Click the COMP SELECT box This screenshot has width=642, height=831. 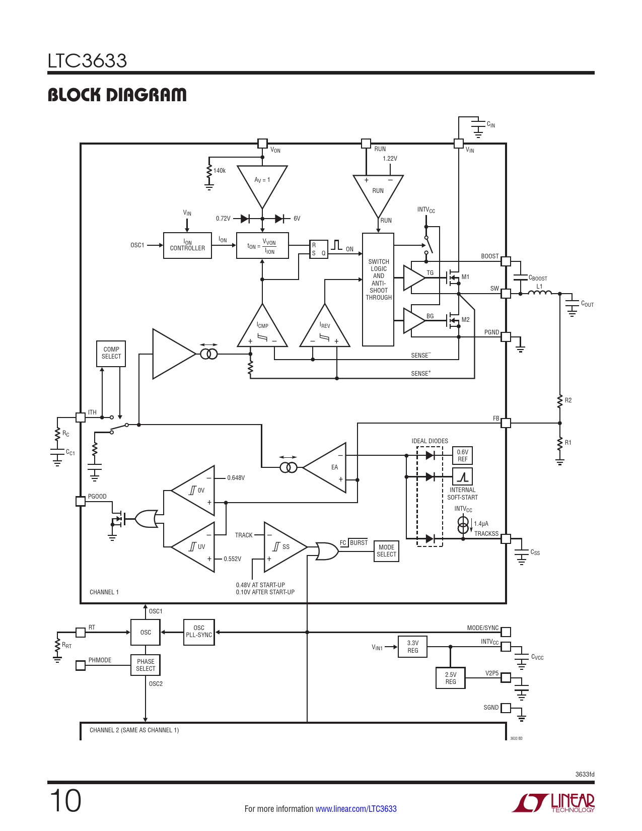pyautogui.click(x=111, y=354)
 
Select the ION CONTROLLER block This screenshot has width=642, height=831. pyautogui.click(x=187, y=245)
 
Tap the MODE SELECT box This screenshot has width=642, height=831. pyautogui.click(x=386, y=550)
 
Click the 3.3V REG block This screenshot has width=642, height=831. pyautogui.click(x=412, y=647)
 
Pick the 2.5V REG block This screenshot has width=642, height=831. pyautogui.click(x=451, y=678)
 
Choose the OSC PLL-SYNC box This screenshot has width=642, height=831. pyautogui.click(x=199, y=632)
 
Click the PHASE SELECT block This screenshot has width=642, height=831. pyautogui.click(x=146, y=665)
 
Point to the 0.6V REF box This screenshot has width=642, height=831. pyautogui.click(x=462, y=455)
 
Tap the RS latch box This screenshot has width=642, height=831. pyautogui.click(x=319, y=249)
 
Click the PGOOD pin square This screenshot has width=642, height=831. pyautogui.click(x=80, y=501)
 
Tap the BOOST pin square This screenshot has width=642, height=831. pyautogui.click(x=506, y=261)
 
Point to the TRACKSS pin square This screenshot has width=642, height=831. pyautogui.click(x=506, y=538)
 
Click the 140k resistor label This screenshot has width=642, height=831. pyautogui.click(x=220, y=171)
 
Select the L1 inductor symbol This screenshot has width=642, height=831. pyautogui.click(x=539, y=293)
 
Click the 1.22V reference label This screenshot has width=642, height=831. pyautogui.click(x=390, y=158)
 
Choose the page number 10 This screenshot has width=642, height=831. pyautogui.click(x=65, y=801)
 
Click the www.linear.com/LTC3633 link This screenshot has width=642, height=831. pyautogui.click(x=355, y=808)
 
